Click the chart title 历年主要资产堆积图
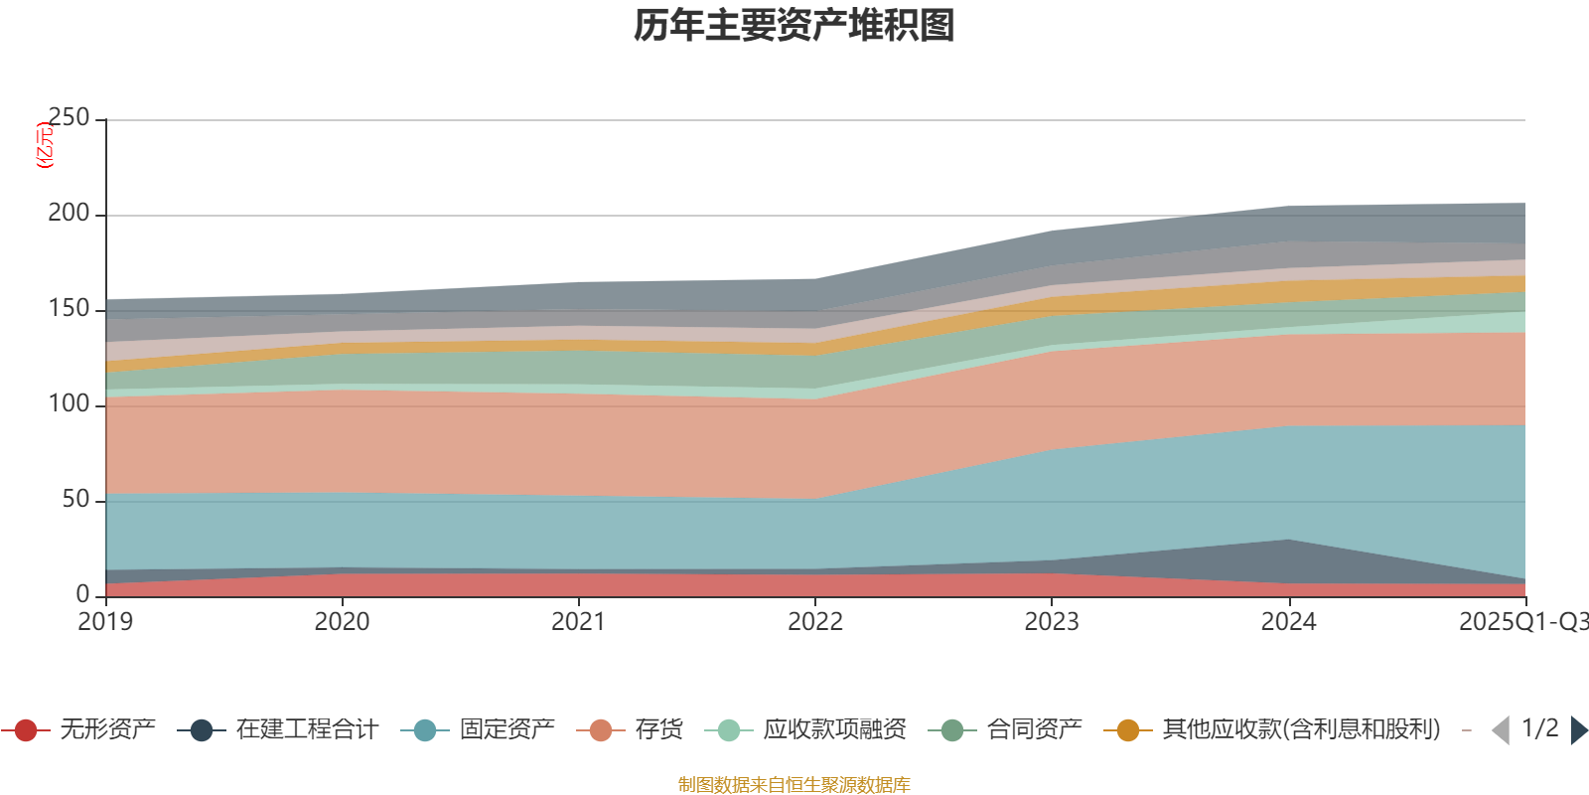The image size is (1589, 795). click(794, 26)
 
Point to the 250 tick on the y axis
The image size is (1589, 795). click(69, 118)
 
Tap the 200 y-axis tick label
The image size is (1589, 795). click(69, 214)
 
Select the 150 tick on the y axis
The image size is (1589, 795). click(69, 309)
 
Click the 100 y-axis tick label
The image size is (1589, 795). click(69, 404)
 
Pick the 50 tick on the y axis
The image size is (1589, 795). click(75, 500)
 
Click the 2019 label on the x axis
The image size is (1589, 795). click(105, 622)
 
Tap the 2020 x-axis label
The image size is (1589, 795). click(342, 622)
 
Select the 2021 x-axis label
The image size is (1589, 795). click(578, 622)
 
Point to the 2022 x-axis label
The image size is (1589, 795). click(814, 622)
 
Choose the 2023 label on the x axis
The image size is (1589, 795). click(1052, 622)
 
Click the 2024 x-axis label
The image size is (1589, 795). click(1288, 622)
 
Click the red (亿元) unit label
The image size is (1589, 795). click(45, 145)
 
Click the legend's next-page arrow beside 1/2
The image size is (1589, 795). click(1579, 730)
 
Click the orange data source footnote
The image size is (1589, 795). click(794, 785)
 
